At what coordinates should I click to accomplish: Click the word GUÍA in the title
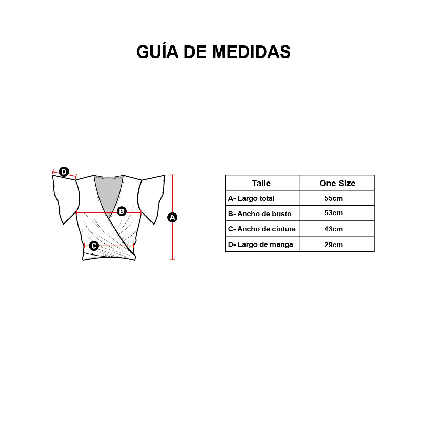tap(157, 52)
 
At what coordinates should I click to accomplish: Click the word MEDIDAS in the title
tap(251, 52)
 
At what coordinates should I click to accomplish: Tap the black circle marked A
tap(172, 217)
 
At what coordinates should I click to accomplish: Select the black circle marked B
tap(122, 211)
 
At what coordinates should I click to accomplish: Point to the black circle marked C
tap(94, 246)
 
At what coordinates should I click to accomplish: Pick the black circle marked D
tap(64, 172)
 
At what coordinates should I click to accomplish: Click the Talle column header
tap(261, 184)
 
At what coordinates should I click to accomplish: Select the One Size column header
tap(337, 184)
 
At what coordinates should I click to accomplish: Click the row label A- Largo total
tap(251, 198)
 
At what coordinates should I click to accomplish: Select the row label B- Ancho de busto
tap(260, 214)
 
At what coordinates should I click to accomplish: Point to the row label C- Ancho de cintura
tap(262, 229)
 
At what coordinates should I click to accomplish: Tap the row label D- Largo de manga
tap(261, 244)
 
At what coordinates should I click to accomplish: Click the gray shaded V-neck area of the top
tap(109, 193)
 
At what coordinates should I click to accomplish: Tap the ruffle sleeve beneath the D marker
tap(66, 197)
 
